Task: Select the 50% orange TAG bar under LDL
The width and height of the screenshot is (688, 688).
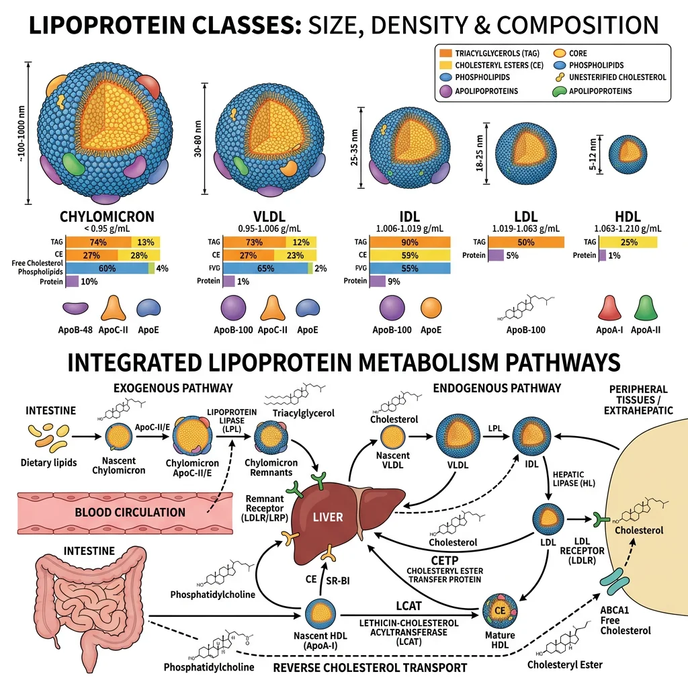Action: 523,242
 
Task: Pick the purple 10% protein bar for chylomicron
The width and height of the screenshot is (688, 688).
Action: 72,282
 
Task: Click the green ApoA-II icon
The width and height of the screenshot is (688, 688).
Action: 647,308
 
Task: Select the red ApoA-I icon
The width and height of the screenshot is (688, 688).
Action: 611,308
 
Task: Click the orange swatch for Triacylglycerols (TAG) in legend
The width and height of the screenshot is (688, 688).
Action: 445,52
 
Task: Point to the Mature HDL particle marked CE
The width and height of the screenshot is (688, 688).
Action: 501,609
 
